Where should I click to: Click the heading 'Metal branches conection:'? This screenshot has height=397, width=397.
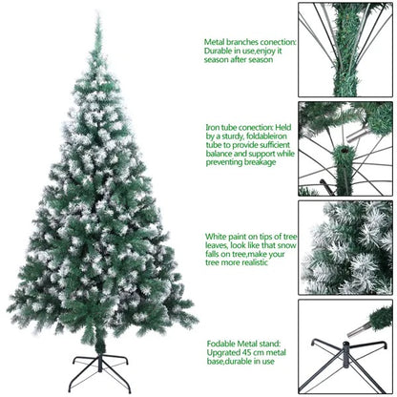pos(249,42)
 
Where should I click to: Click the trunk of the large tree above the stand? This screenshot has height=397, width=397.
pos(98,339)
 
